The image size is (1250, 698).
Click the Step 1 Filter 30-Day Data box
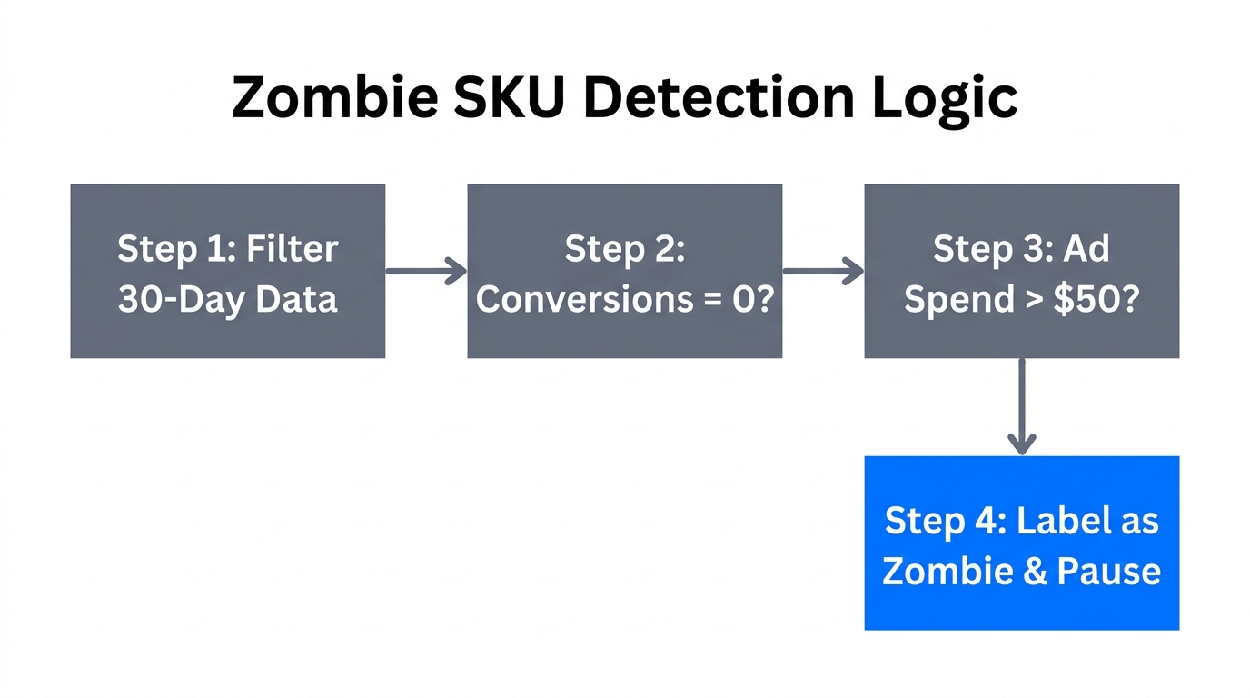coord(227,271)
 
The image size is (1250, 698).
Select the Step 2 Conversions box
coord(624,271)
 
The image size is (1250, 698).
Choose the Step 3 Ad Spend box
coord(1021,271)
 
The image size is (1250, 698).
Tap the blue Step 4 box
coord(1021,543)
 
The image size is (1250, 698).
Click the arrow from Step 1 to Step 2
coord(425,270)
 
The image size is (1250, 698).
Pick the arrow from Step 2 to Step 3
coord(822,270)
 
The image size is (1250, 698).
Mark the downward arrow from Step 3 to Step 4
coord(1022,406)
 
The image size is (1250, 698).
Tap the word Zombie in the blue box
coord(939,571)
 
